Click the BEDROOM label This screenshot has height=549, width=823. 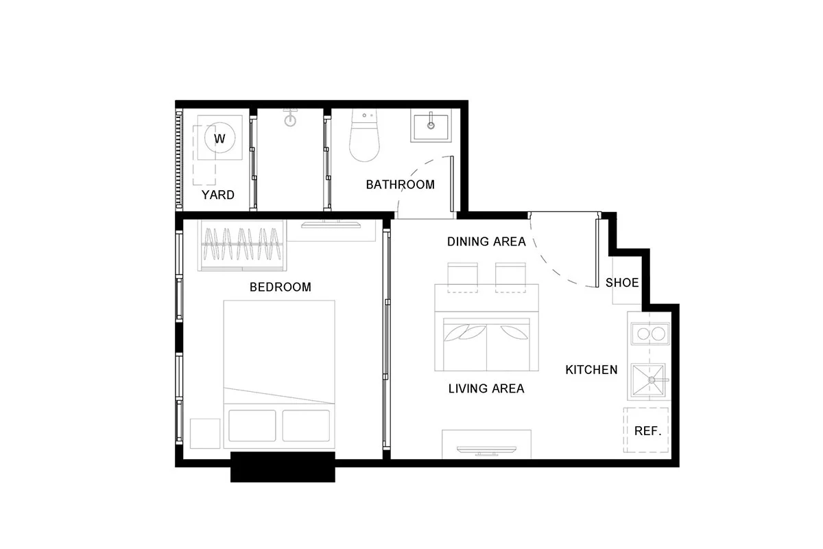281,287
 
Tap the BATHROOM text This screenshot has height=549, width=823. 400,185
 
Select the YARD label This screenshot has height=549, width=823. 218,195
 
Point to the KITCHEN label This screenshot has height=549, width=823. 591,370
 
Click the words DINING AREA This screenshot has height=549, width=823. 486,242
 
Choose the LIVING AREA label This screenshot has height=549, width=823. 486,388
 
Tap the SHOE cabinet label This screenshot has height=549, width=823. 622,283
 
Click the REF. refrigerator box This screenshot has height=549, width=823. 646,430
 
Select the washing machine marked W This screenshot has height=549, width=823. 219,137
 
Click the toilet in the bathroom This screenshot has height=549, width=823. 364,135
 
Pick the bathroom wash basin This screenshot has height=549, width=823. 431,127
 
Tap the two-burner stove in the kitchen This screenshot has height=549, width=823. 650,334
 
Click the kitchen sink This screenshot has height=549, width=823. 649,381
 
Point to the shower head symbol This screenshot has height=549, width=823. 290,117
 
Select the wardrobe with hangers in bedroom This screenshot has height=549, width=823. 242,245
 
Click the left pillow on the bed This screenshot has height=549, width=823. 252,425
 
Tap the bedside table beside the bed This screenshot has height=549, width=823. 205,434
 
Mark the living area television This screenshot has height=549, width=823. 486,451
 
